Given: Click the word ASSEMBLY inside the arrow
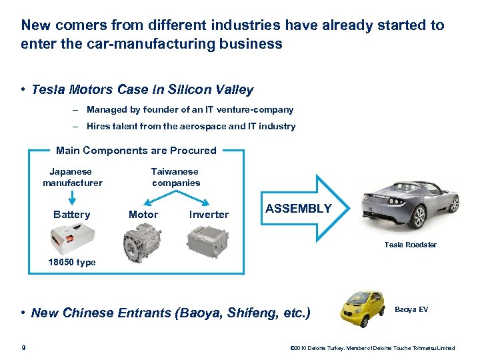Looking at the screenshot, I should (298, 209).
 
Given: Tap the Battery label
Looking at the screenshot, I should (71, 215).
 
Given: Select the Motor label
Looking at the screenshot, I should (143, 215).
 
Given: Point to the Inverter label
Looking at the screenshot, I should (209, 215).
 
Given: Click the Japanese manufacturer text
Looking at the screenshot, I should (72, 177).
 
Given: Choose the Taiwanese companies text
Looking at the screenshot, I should (175, 177).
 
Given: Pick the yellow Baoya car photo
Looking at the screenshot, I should (365, 309).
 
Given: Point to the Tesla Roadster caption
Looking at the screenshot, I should (410, 245).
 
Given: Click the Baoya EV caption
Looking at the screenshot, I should (411, 309).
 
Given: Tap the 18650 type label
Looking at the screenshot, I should (71, 262).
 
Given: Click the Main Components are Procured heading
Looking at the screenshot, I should (136, 151).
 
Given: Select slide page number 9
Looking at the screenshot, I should (23, 347).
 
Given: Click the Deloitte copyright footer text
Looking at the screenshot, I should (373, 348).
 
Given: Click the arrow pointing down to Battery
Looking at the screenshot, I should (72, 198).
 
